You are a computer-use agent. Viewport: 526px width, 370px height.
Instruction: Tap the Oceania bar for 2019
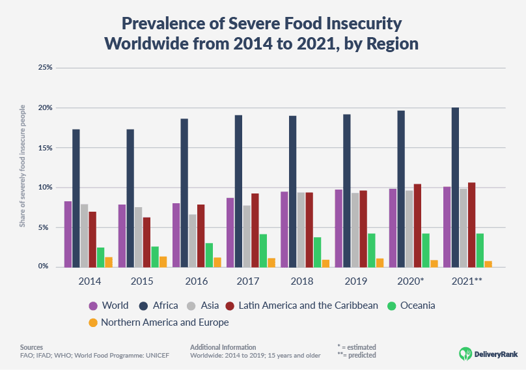pyautogui.click(x=371, y=250)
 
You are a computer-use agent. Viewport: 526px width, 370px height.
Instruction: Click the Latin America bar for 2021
pyautogui.click(x=471, y=225)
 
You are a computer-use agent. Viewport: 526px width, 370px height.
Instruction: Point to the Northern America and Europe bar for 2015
pyautogui.click(x=163, y=262)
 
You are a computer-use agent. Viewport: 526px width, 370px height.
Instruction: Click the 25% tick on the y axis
pyautogui.click(x=45, y=68)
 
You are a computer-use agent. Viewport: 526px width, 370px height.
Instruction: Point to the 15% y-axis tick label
pyautogui.click(x=45, y=148)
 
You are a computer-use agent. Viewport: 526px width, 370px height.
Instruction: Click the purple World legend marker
pyautogui.click(x=93, y=306)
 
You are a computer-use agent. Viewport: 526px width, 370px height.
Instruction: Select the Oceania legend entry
pyautogui.click(x=411, y=306)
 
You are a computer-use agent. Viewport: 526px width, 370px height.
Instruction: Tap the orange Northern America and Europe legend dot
pyautogui.click(x=93, y=322)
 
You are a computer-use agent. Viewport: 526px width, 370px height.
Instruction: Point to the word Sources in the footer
pyautogui.click(x=31, y=347)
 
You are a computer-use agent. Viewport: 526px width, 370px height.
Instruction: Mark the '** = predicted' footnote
pyautogui.click(x=357, y=356)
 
